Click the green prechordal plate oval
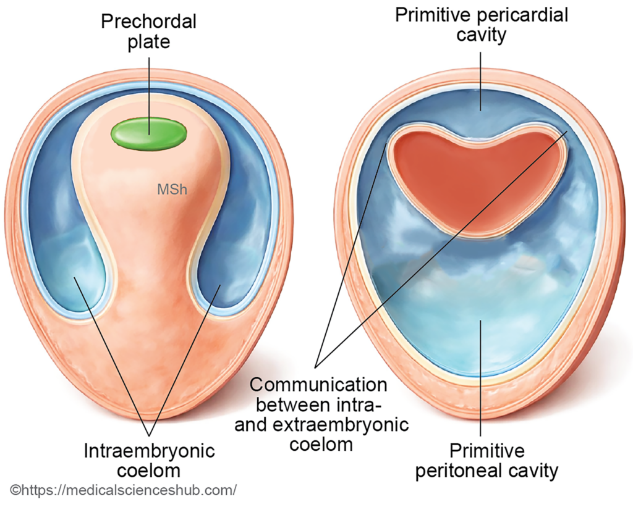[148, 133]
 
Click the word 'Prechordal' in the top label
[148, 22]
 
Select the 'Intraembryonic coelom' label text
[149, 460]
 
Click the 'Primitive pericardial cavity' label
[481, 24]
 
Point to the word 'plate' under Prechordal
[148, 43]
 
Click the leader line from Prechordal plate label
[148, 86]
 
